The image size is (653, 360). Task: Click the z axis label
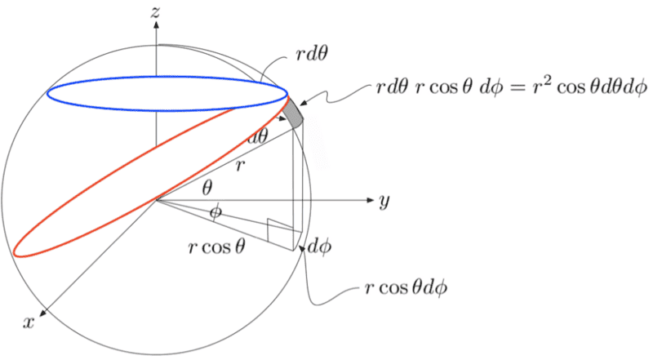tap(155, 12)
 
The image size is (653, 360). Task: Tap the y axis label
tap(384, 202)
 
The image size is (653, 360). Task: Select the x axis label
tap(29, 322)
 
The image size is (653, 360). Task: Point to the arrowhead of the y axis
tap(371, 200)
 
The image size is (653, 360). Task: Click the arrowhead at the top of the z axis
tap(156, 25)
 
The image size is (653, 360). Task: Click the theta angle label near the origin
tap(207, 189)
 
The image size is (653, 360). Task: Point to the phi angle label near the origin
tap(215, 212)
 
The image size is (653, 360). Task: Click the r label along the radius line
tap(239, 167)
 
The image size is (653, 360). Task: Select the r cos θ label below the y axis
tap(216, 247)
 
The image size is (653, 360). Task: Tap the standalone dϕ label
tap(319, 247)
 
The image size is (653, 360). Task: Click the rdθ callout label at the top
tap(311, 54)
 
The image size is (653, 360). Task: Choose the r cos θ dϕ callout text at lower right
tap(406, 287)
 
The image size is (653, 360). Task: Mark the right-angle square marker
tap(275, 230)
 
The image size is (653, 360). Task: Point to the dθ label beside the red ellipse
tap(257, 136)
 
